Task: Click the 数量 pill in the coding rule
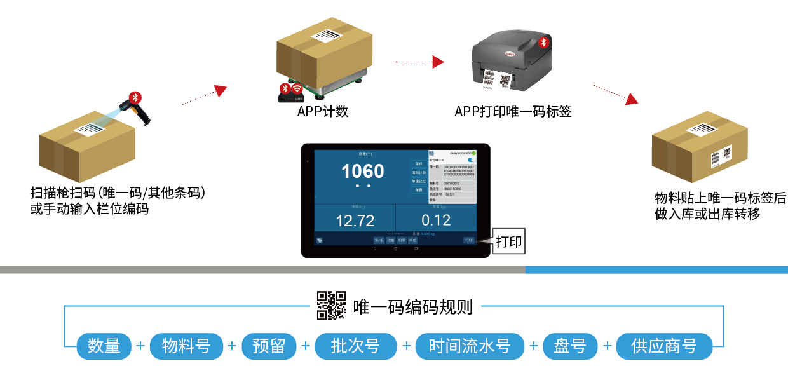tap(104, 346)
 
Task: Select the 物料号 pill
tap(186, 346)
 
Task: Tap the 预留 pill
tap(269, 346)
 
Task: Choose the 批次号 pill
tap(355, 346)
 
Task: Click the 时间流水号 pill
tap(470, 346)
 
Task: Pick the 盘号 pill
tap(570, 346)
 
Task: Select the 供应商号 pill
tap(663, 346)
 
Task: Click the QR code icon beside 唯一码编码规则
tap(331, 305)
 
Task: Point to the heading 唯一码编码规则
tap(413, 307)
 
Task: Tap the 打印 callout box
tap(509, 242)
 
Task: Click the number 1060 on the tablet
tap(362, 171)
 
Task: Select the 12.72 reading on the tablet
tap(355, 221)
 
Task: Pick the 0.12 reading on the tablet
tap(435, 221)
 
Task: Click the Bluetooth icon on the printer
tap(543, 43)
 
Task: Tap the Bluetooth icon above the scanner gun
tap(135, 97)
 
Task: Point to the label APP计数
tap(323, 112)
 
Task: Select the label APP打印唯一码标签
tap(513, 112)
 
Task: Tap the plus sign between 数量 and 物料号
tap(140, 346)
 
